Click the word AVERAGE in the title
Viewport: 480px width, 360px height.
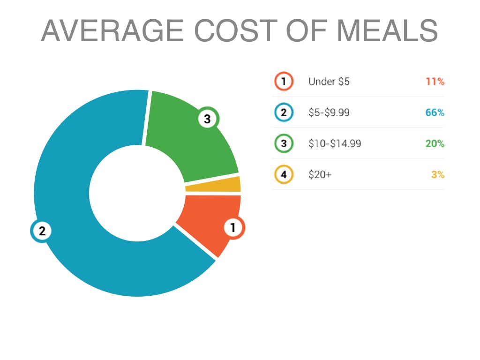point(113,31)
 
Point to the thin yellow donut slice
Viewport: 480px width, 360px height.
point(213,184)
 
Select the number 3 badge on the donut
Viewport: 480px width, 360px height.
point(207,119)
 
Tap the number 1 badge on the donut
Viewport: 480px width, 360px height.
point(233,228)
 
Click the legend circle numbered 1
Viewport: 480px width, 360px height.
point(284,82)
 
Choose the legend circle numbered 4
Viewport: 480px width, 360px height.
point(284,175)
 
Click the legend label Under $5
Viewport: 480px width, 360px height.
point(329,82)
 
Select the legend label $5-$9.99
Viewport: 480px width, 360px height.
point(329,112)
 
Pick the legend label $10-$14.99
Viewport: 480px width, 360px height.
point(335,143)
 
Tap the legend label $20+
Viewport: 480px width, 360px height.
point(320,175)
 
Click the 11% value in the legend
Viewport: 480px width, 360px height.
point(435,82)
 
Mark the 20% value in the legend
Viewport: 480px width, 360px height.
point(435,143)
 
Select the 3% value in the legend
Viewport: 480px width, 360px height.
point(438,175)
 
